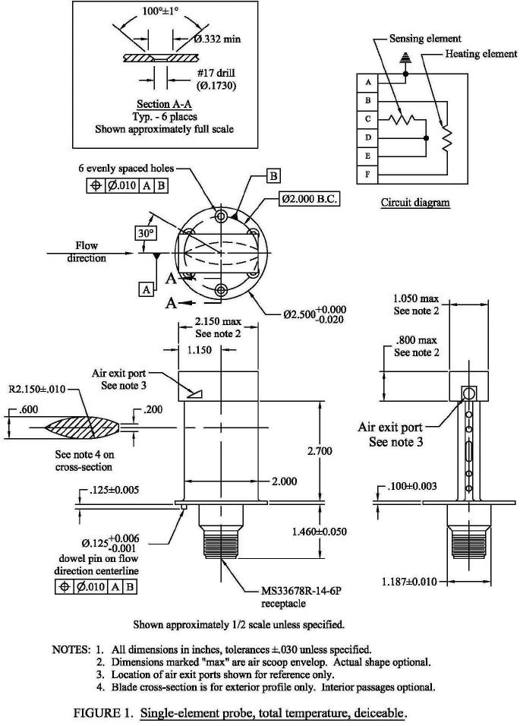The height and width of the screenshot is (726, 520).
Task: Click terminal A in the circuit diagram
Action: pyautogui.click(x=367, y=83)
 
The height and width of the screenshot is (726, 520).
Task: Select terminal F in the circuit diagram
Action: pyautogui.click(x=367, y=175)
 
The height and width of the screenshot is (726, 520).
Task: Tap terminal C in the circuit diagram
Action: pyautogui.click(x=367, y=119)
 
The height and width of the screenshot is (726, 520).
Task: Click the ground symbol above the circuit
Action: pyautogui.click(x=405, y=58)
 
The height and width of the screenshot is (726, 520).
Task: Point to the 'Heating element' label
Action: pyautogui.click(x=481, y=54)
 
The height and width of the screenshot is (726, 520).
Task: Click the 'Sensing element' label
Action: pyautogui.click(x=425, y=39)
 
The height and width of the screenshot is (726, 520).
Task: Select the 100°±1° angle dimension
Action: pyautogui.click(x=160, y=11)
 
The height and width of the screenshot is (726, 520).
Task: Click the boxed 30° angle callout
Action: pyautogui.click(x=145, y=233)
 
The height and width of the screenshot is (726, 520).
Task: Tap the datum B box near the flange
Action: pyautogui.click(x=273, y=176)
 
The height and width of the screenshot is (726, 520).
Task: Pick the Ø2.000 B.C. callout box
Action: pyautogui.click(x=309, y=199)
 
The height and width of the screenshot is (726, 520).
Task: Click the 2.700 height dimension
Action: pyautogui.click(x=320, y=450)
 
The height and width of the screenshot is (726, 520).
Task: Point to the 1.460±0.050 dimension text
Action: pyautogui.click(x=320, y=532)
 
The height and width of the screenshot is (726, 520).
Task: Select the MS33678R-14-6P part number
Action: pyautogui.click(x=301, y=591)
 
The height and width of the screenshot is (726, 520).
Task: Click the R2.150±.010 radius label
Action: pyautogui.click(x=37, y=389)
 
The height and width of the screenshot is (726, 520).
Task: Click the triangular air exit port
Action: pyautogui.click(x=195, y=394)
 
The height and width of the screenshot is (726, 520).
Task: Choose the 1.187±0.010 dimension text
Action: pyautogui.click(x=409, y=581)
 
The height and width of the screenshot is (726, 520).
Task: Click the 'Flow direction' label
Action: pyautogui.click(x=87, y=251)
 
